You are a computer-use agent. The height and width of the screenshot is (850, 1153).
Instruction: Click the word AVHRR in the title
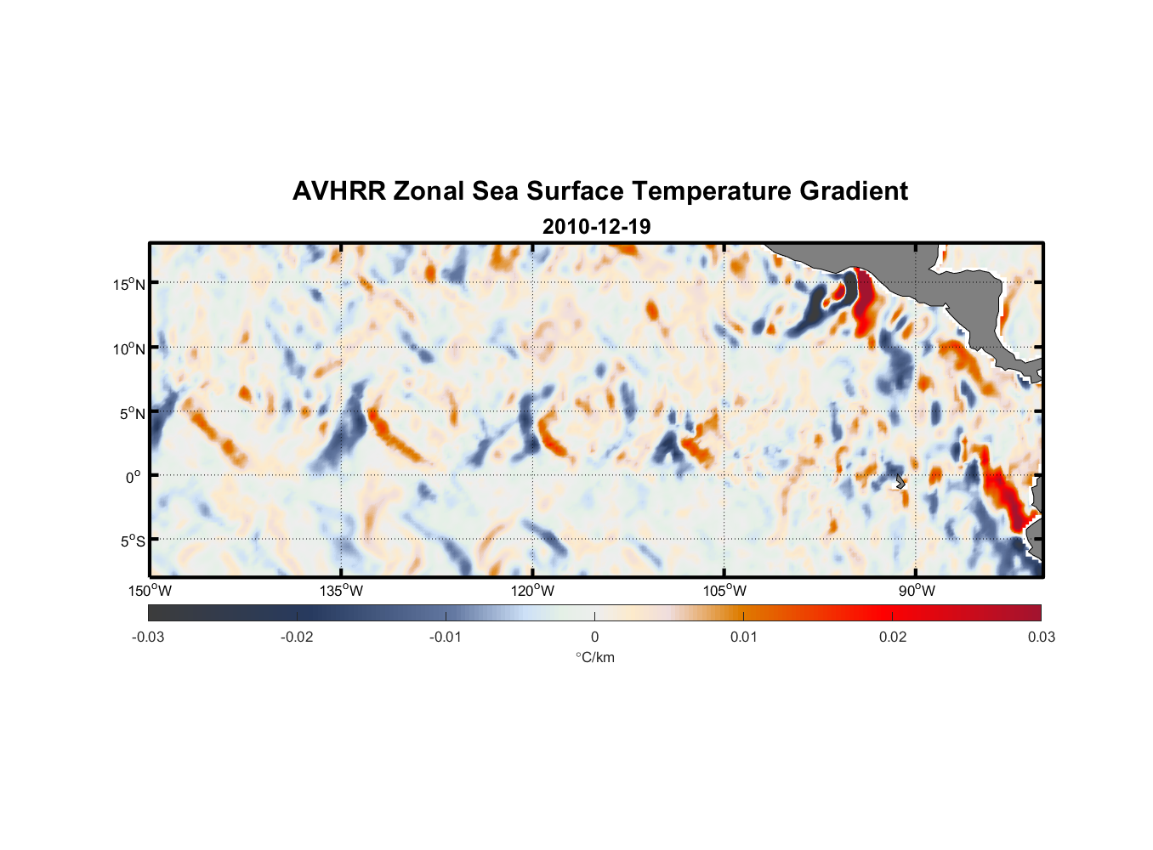(338, 191)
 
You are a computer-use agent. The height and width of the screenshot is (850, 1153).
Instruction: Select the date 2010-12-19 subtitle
(596, 227)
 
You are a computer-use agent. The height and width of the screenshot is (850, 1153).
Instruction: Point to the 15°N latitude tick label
(129, 284)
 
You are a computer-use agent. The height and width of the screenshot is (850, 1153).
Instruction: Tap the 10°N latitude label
(129, 348)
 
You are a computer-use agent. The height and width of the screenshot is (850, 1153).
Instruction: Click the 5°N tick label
(133, 413)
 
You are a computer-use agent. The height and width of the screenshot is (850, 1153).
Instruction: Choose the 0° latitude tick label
(133, 477)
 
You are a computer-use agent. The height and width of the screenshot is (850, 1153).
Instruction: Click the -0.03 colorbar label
(148, 637)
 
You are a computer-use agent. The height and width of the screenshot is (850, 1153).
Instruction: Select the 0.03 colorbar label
(1041, 637)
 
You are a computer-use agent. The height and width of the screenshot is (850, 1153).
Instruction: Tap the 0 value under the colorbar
(594, 637)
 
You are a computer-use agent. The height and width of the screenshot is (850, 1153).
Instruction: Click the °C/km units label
(594, 658)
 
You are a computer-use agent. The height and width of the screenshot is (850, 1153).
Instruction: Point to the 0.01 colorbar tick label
(743, 637)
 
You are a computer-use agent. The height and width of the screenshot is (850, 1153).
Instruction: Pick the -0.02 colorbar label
(297, 637)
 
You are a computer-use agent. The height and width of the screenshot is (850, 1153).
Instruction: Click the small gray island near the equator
(900, 481)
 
